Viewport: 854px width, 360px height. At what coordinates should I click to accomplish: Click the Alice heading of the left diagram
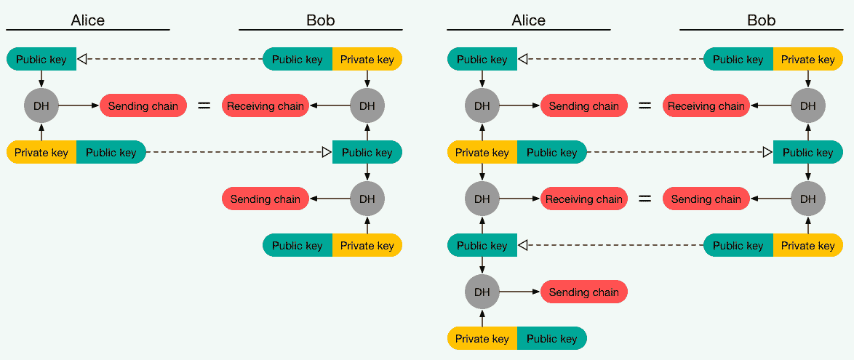point(87,20)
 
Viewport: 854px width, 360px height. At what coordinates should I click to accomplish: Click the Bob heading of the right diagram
point(761,20)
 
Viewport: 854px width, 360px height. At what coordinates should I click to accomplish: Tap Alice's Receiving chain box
point(584,199)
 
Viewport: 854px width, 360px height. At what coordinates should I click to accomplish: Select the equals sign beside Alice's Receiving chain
point(645,199)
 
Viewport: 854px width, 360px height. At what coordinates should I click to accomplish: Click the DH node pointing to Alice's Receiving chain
point(482,199)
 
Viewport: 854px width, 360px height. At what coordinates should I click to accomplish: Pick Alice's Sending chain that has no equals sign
point(584,292)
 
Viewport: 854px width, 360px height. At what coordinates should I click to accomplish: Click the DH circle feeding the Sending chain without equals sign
point(482,292)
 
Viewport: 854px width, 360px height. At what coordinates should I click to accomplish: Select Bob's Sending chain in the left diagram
point(266,199)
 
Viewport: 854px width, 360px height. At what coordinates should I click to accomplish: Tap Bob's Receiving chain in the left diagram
point(266,105)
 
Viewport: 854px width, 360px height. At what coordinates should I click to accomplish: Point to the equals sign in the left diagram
point(204,105)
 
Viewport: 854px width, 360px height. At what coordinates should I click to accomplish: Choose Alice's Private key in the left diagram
point(41,152)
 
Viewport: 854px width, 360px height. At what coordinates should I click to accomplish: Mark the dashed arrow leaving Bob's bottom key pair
point(611,245)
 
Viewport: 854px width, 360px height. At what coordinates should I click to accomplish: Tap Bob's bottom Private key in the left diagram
point(367,245)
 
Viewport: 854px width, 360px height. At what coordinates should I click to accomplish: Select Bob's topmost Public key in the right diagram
point(738,59)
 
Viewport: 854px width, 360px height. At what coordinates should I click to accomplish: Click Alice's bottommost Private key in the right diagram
point(482,338)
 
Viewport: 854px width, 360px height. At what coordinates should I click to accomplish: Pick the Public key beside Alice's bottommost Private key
point(551,338)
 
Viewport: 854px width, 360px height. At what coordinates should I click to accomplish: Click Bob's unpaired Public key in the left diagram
point(367,152)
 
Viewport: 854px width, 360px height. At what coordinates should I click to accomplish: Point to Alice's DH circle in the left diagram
point(41,105)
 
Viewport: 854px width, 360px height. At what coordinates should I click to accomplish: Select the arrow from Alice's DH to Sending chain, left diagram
point(79,105)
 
